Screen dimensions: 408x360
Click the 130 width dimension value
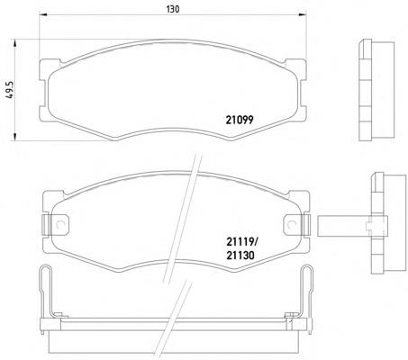tap(173, 9)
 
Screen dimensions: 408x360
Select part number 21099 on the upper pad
tap(240, 120)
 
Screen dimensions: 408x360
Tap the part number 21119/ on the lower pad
tap(241, 241)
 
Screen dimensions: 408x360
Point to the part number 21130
tap(240, 256)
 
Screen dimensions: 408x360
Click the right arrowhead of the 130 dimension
tap(302, 13)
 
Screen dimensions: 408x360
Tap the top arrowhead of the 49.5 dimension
tap(14, 43)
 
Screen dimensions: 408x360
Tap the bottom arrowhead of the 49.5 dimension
tap(14, 136)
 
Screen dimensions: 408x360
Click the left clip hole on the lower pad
tap(59, 224)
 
